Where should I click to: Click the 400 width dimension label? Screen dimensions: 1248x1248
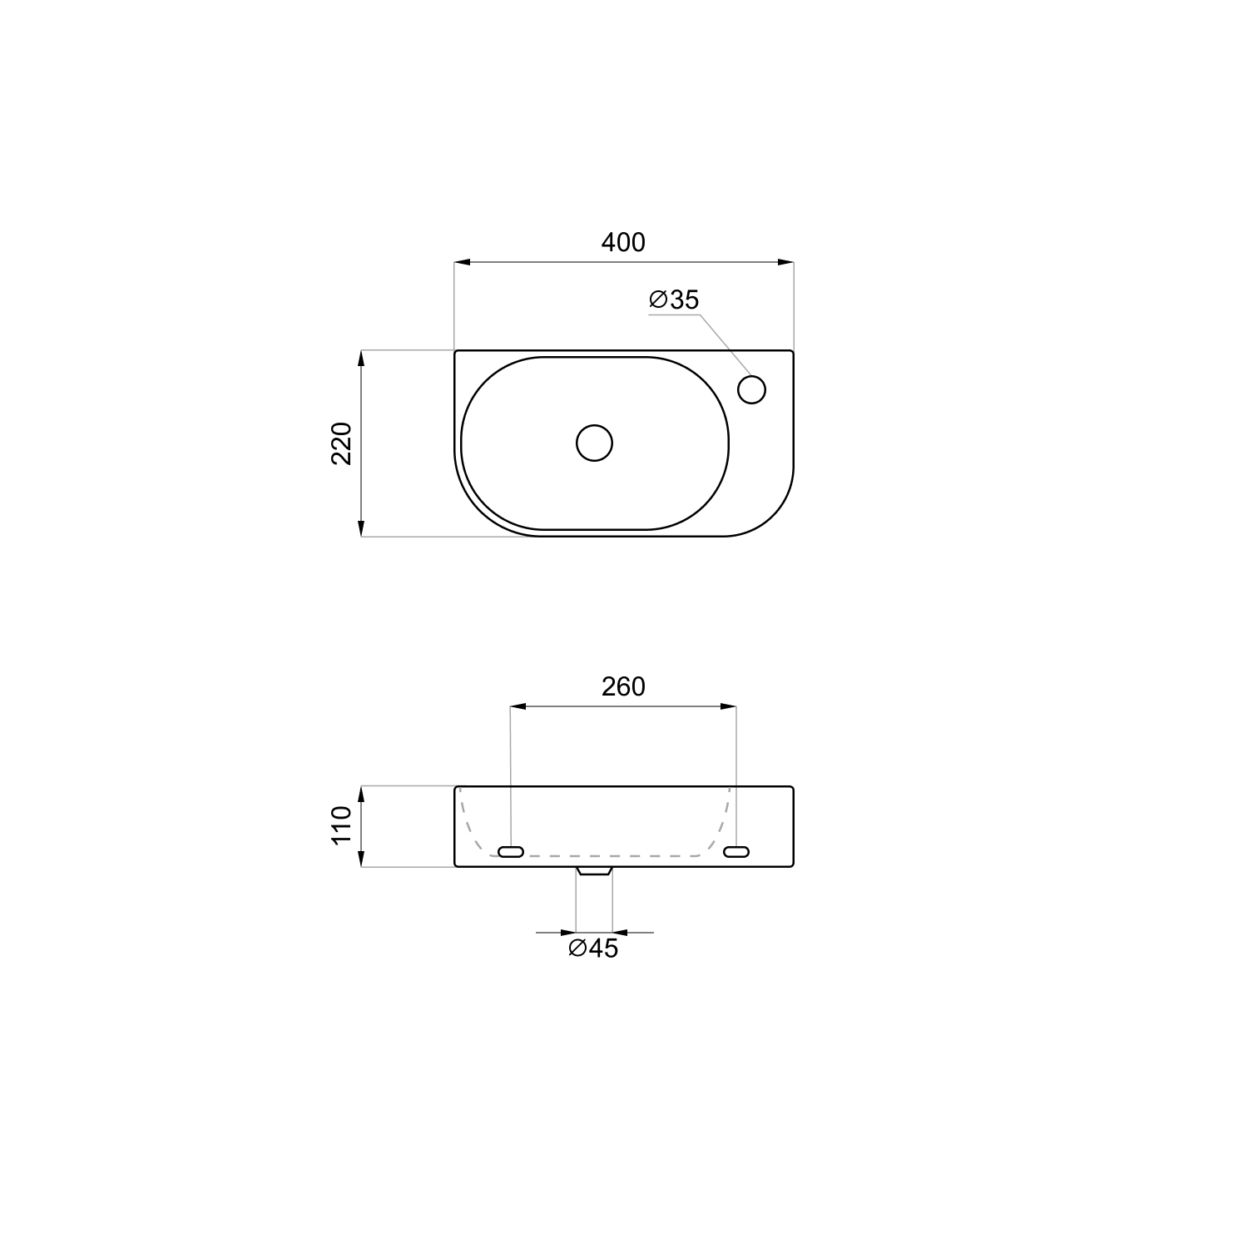623,242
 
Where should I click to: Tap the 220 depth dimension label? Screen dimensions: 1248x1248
342,443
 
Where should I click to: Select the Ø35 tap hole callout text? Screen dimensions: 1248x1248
674,300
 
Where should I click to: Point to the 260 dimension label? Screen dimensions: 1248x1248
623,686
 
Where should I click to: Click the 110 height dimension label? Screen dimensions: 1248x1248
342,825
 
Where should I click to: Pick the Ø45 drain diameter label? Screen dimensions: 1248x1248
593,948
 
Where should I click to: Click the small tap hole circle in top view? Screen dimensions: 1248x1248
751,389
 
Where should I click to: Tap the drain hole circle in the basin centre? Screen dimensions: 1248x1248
594,443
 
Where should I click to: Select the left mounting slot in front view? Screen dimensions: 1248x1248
510,851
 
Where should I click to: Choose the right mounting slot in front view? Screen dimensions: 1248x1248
736,851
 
